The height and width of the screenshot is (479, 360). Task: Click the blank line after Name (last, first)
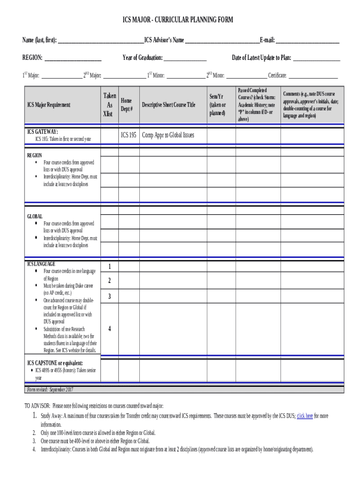pos(100,42)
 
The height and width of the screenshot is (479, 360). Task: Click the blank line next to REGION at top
pos(72,60)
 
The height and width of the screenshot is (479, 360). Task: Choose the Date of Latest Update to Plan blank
pos(317,60)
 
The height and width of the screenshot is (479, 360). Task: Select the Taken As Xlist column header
pos(109,105)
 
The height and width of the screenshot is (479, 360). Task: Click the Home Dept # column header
pos(127,105)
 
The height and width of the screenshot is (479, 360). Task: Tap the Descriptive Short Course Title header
pos(168,105)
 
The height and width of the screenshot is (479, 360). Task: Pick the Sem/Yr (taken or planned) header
pos(217,105)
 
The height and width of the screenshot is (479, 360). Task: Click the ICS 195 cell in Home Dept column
pos(129,135)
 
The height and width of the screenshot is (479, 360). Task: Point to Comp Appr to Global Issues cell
pos(168,135)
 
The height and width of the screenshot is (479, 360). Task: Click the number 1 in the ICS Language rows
pos(109,267)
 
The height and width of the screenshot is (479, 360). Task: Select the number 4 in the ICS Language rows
pos(109,329)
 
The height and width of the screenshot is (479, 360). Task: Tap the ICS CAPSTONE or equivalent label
pos(55,363)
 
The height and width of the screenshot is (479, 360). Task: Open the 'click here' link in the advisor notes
pos(305,416)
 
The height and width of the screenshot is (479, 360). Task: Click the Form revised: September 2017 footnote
pos(50,390)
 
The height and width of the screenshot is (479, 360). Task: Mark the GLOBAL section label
pos(35,216)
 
